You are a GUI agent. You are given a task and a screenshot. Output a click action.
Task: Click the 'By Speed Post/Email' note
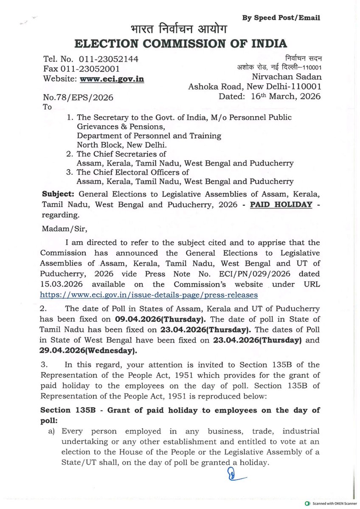pyautogui.click(x=281, y=17)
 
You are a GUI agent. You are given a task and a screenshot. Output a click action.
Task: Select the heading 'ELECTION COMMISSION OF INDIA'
pyautogui.click(x=180, y=43)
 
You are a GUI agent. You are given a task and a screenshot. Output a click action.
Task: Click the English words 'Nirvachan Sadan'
pyautogui.click(x=287, y=77)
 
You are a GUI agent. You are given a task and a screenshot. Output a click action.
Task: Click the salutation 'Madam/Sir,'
pyautogui.click(x=60, y=229)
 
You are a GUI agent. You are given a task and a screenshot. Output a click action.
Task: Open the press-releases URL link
pyautogui.click(x=149, y=294)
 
